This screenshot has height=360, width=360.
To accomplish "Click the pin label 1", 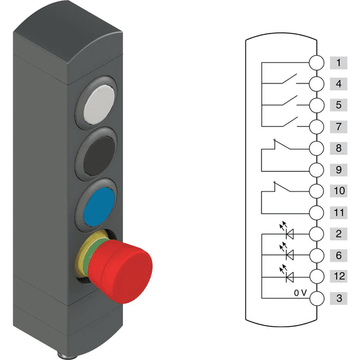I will [338, 62].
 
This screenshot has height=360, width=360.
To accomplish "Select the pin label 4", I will [338, 84].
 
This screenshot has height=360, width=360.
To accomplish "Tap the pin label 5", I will [338, 105].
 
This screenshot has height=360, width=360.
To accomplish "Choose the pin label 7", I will [338, 127].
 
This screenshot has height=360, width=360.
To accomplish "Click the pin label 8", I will [338, 148].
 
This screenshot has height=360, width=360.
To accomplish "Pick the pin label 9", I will [338, 169].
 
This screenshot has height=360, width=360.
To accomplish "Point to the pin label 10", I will [338, 191].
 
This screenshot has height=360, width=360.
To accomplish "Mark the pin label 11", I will [338, 212].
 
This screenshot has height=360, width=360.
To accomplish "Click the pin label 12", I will [338, 276].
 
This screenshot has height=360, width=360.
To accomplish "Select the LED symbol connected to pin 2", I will [290, 233].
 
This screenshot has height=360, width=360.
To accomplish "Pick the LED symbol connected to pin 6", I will [290, 254].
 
